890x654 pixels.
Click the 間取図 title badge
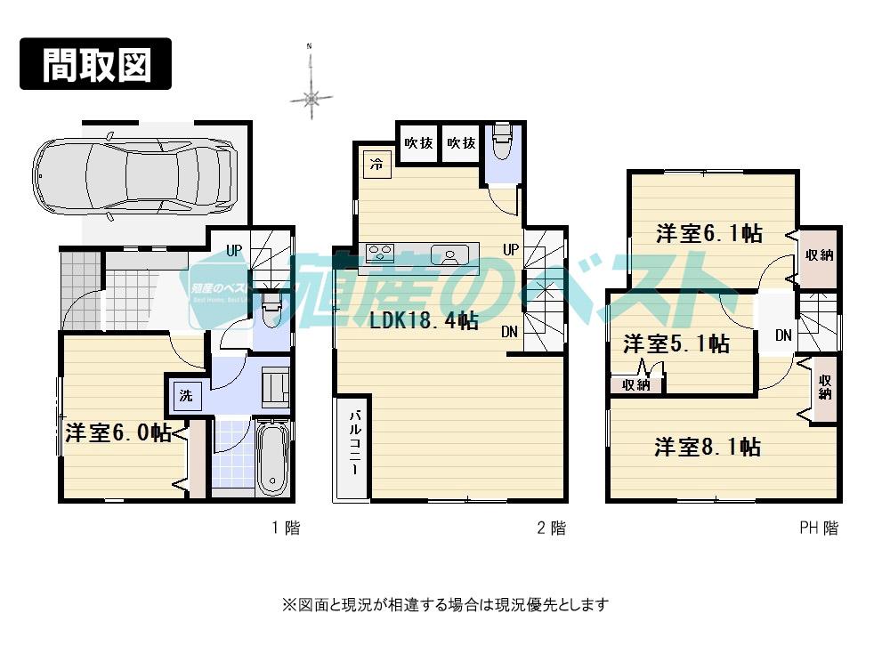point(95,64)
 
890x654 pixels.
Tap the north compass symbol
point(311,98)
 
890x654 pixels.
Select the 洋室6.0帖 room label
point(118,432)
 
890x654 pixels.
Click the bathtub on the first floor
point(271,459)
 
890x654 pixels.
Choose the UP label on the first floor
point(233,250)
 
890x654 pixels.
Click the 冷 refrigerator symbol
point(376,164)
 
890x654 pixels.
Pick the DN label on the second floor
point(509,332)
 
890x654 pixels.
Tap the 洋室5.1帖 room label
point(676,343)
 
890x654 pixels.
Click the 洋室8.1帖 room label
point(708,447)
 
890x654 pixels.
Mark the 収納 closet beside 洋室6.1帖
point(819,254)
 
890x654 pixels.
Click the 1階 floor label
point(286,528)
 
